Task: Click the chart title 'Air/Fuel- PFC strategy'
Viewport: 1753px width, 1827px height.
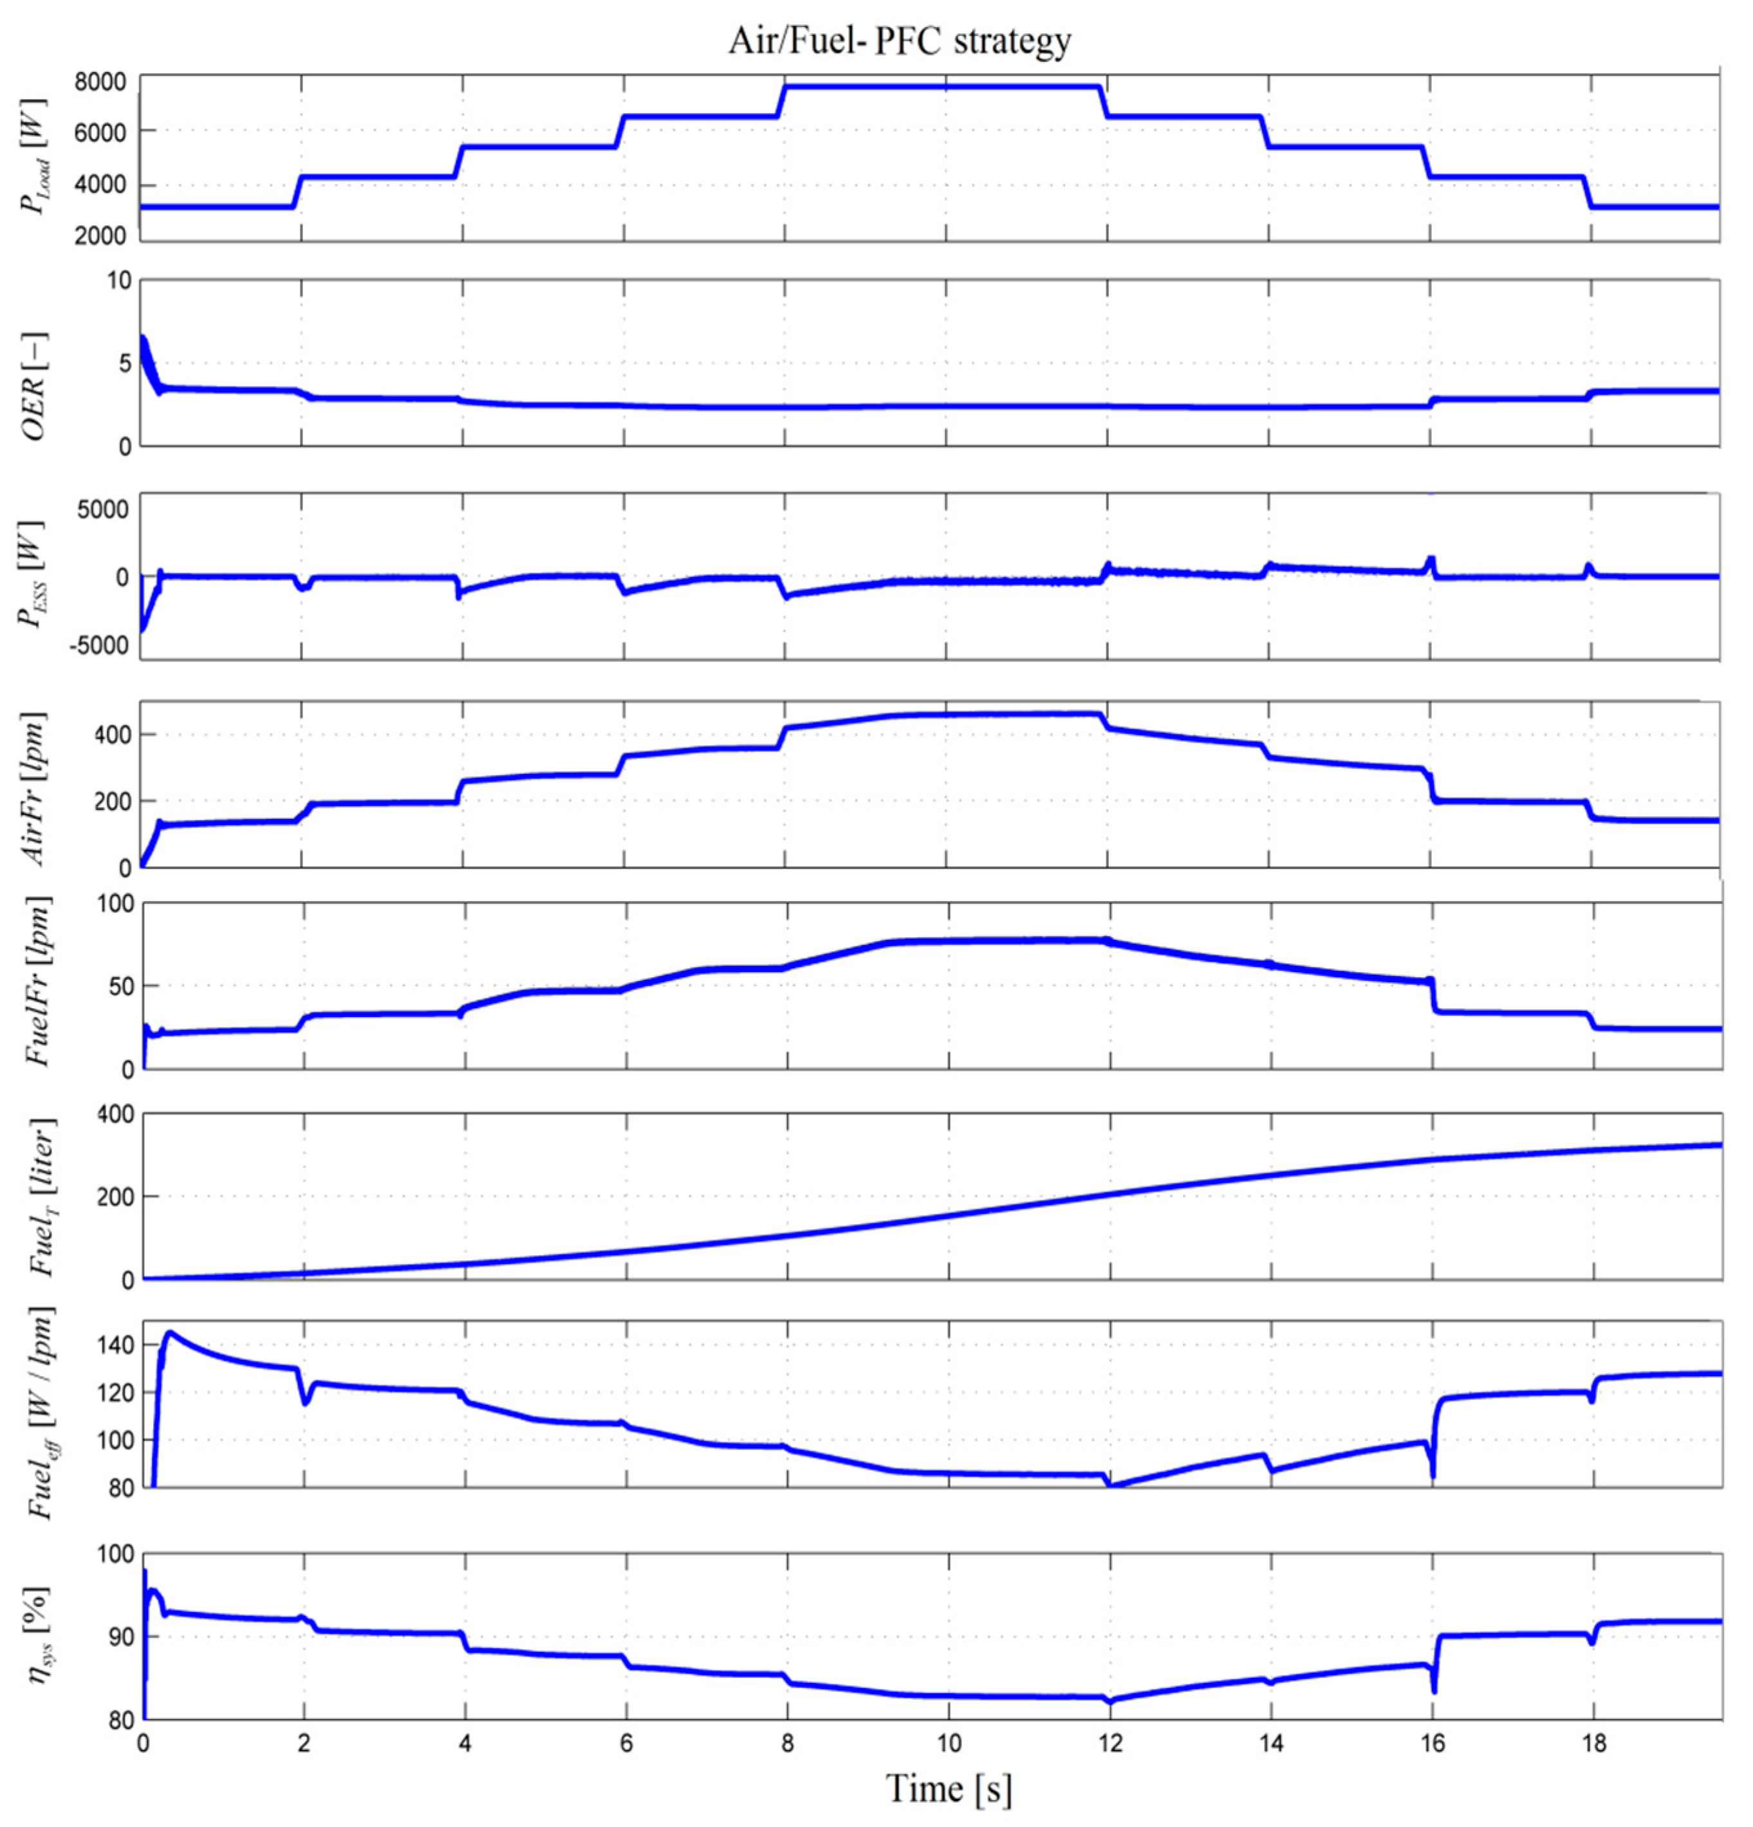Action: (899, 41)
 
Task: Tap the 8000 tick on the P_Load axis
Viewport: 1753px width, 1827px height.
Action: (100, 82)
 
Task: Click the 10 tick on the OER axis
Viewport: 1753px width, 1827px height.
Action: (118, 280)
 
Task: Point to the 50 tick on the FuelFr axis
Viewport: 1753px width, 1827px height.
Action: (118, 986)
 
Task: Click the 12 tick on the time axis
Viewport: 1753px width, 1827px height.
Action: (1109, 1742)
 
